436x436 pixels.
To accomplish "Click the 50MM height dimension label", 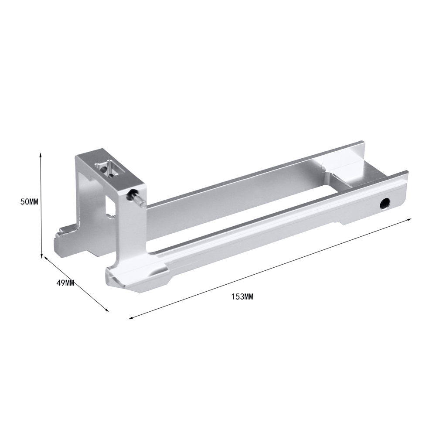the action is pos(29,202).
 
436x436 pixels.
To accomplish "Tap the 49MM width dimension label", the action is pos(65,283).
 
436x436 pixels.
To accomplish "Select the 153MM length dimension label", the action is pos(242,296).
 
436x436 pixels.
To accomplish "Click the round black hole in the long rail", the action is pos(385,204).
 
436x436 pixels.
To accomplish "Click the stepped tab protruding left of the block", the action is pos(65,241).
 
